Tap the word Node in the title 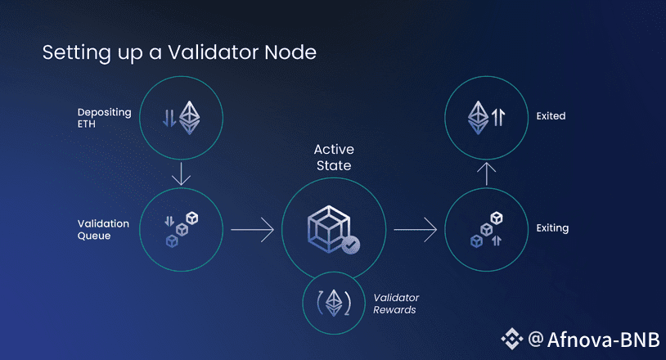click(x=290, y=53)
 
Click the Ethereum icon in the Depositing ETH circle click(x=190, y=117)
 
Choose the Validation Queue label click(x=104, y=229)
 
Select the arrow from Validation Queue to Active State click(x=252, y=230)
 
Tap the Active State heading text click(x=332, y=158)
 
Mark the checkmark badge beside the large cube click(x=349, y=244)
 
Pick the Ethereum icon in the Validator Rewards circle click(x=333, y=303)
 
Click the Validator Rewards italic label click(x=395, y=304)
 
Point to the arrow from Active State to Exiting click(x=416, y=230)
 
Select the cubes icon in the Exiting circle click(x=487, y=230)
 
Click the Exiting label click(x=552, y=228)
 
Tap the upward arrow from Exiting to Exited click(x=487, y=173)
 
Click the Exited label click(x=551, y=116)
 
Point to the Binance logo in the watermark click(x=512, y=338)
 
